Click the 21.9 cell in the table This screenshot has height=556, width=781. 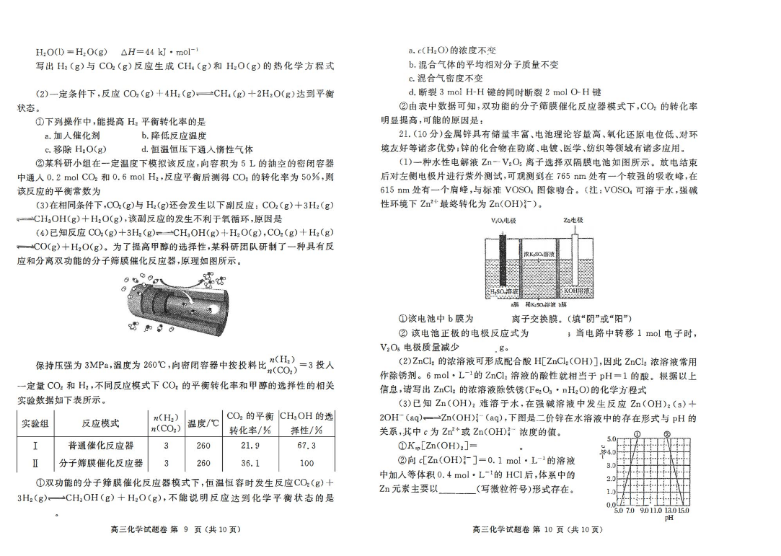249,446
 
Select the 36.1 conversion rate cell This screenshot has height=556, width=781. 249,463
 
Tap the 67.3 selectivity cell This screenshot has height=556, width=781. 306,446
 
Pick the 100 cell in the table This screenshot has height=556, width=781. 306,463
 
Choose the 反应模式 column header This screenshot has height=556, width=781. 101,423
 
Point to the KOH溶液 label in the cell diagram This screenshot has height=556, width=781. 577,291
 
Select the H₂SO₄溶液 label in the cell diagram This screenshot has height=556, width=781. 504,291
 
